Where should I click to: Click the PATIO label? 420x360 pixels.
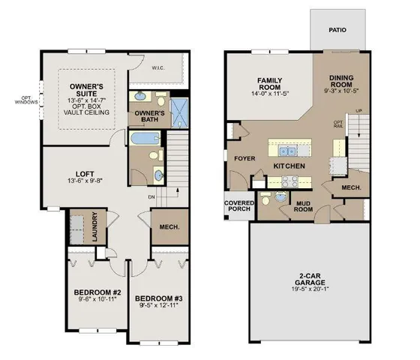[x=337, y=30]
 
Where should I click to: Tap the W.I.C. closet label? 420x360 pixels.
[x=157, y=69]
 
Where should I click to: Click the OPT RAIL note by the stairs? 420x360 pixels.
[x=337, y=124]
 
